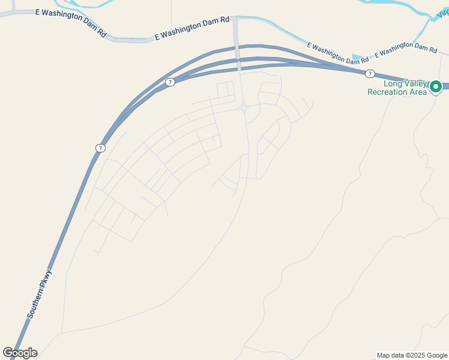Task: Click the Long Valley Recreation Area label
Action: [397, 88]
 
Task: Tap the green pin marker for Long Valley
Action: [436, 87]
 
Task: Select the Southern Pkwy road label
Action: [40, 294]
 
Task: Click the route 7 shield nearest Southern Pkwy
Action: [100, 148]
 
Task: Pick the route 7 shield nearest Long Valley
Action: [370, 73]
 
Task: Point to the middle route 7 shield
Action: [170, 82]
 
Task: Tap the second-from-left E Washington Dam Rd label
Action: [192, 28]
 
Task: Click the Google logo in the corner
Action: [20, 353]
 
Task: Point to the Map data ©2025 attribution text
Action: [412, 355]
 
